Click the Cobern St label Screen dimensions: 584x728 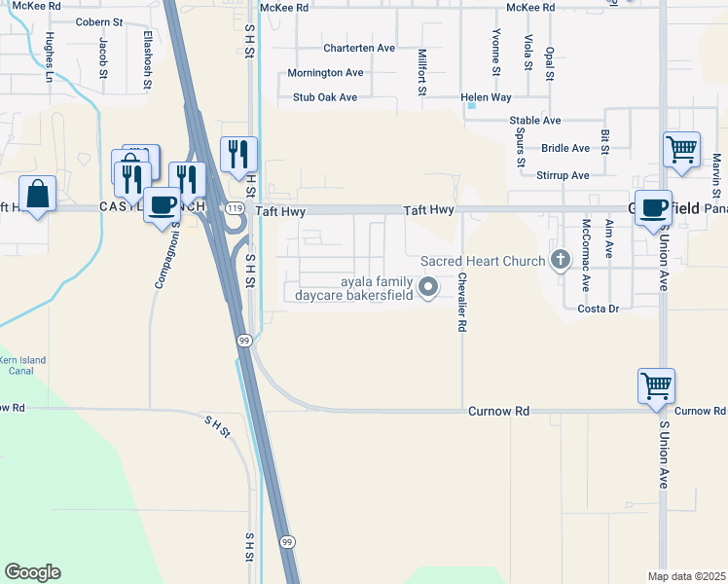99,21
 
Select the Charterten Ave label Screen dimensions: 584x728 359,48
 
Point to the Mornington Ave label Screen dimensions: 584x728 325,73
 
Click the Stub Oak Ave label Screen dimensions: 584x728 325,97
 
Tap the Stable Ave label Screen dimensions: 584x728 535,121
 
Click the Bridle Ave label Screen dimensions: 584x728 565,148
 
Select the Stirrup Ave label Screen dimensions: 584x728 563,175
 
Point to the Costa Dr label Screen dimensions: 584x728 599,309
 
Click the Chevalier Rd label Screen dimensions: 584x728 461,305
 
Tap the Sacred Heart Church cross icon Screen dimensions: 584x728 560,260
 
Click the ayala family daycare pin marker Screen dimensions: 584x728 429,286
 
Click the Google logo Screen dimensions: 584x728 32,572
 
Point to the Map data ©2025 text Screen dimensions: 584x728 686,576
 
